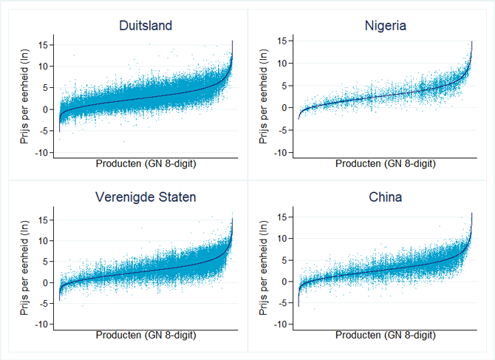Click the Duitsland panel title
pos(146,26)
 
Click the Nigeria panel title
pos(385,26)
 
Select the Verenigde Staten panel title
pos(146,198)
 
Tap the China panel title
pos(385,198)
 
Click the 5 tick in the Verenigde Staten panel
pos(46,261)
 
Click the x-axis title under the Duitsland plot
pos(146,164)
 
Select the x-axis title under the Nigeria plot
pos(385,164)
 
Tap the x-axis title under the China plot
pos(385,335)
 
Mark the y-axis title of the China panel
pos(264,270)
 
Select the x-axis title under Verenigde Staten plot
pos(146,335)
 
